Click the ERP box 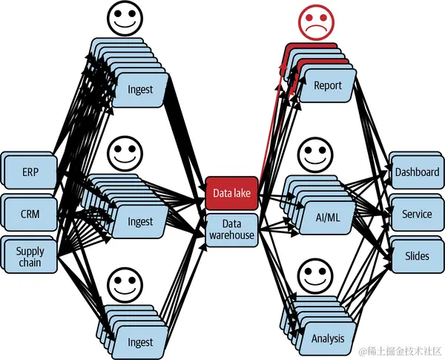30,172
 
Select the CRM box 30,214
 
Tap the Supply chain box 30,257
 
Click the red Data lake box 232,193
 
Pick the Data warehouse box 232,229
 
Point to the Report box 328,85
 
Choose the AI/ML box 328,217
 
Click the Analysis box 328,338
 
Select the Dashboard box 417,172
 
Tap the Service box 417,214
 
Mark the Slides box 417,256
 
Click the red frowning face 316,22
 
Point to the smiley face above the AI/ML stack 315,154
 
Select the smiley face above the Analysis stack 315,275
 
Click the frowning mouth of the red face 316,29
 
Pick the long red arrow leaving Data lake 271,125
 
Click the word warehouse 232,235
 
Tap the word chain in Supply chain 30,263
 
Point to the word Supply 30,252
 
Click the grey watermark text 400,352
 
